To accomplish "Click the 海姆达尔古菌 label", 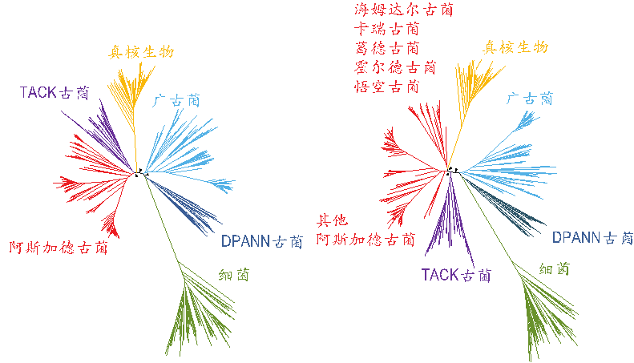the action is click(403, 10).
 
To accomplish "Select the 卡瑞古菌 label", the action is click(386, 29).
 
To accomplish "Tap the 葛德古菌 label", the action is click(386, 48).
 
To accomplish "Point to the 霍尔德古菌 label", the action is click(395, 67).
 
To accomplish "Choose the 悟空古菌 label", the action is click(386, 87).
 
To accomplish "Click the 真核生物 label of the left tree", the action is click(141, 52).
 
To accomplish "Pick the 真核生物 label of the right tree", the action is click(515, 47).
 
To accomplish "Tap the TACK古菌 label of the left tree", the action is click(55, 93).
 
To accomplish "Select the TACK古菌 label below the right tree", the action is click(456, 276).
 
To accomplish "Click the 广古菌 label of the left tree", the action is click(176, 101).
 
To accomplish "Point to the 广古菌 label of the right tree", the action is click(529, 99).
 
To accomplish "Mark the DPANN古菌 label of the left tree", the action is click(262, 241).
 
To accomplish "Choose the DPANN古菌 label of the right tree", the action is click(593, 237).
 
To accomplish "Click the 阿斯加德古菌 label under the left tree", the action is click(59, 247).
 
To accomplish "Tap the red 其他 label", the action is click(332, 220).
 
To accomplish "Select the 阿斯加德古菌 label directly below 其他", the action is click(365, 240).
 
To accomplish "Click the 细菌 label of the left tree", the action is click(234, 275).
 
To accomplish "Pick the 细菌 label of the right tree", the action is click(555, 268).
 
